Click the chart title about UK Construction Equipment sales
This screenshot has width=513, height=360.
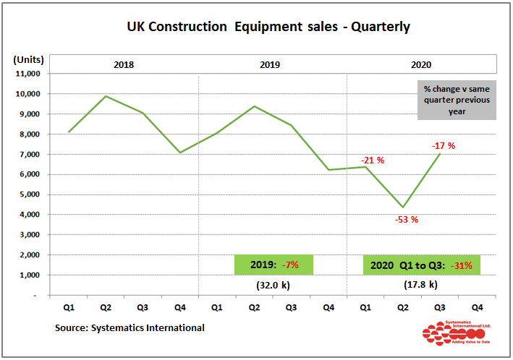268,27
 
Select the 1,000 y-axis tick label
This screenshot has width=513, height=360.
30,275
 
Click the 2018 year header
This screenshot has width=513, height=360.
124,64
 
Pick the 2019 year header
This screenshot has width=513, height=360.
271,64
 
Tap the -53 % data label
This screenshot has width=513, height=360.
407,220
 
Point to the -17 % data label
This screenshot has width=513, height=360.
444,146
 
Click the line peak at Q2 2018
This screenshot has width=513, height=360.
106,96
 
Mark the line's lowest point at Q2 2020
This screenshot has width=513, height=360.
402,207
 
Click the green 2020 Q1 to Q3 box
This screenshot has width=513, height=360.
421,265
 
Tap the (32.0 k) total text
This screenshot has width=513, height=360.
273,286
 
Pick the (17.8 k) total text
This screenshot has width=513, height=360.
420,286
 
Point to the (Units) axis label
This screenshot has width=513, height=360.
29,59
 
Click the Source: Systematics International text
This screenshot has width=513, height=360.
130,328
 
